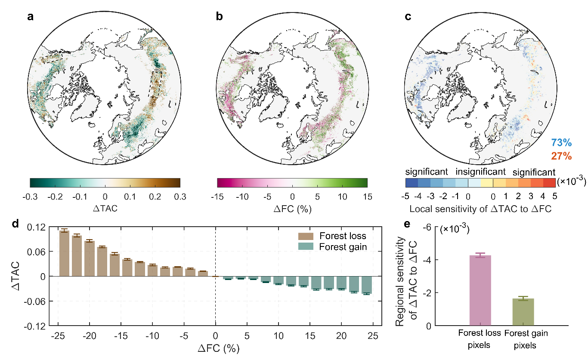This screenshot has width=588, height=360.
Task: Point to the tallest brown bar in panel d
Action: click(64, 253)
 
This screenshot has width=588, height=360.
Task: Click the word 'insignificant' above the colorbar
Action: click(481, 172)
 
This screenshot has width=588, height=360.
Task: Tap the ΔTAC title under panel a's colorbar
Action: click(105, 209)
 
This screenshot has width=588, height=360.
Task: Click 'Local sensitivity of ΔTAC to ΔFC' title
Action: click(480, 209)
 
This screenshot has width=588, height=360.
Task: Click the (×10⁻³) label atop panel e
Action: click(454, 230)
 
